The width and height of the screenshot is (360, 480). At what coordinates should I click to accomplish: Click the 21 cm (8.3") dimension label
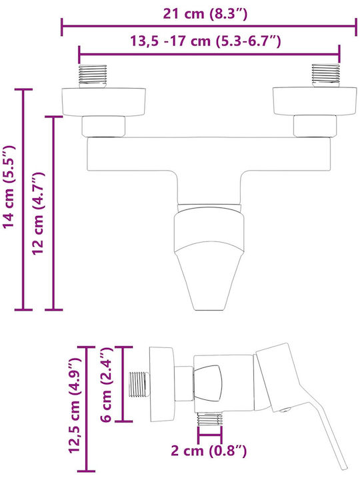pos(205,14)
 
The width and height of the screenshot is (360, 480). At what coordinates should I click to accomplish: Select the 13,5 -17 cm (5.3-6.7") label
pos(206,41)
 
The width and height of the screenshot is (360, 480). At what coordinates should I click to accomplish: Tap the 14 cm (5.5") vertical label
pos(9,187)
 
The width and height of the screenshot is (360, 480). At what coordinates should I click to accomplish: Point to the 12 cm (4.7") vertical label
pos(39,213)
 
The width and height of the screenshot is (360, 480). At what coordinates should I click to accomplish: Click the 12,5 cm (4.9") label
pos(74,405)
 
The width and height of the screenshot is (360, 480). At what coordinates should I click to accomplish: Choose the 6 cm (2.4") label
pos(107,385)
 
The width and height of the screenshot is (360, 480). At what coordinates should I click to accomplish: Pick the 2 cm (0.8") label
pos(209,451)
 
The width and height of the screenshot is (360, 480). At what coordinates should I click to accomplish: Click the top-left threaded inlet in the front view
pos(93,76)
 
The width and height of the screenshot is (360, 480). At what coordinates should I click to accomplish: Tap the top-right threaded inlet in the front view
pos(325,75)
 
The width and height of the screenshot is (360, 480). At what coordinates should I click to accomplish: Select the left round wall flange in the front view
pos(104,102)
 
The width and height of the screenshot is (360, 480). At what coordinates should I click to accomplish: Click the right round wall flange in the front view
pos(315,101)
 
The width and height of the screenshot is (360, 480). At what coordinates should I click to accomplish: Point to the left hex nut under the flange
pos(103,127)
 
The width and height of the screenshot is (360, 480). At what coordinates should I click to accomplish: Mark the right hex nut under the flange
pos(315,126)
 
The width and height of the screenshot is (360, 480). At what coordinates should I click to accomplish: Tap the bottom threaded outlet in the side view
pos(209,419)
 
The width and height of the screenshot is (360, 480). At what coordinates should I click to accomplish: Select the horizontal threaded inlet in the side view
pos(139,384)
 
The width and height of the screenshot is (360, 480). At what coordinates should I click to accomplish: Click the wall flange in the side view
pos(162,385)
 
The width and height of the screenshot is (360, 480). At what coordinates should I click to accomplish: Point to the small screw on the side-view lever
pos(285,410)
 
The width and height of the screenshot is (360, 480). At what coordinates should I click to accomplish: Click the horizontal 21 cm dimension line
pos(209,27)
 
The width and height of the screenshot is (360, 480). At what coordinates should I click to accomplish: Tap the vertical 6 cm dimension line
pos(123,384)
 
